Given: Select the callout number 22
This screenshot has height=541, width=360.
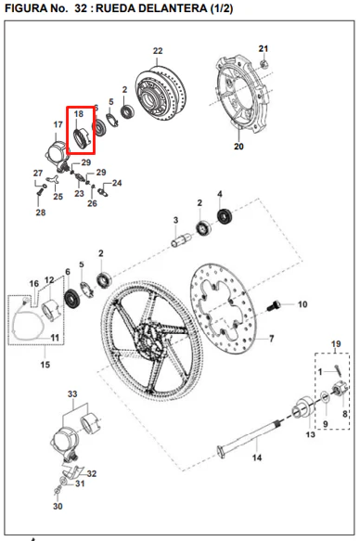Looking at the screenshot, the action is (158, 51).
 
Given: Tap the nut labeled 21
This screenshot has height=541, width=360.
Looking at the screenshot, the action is (264, 63).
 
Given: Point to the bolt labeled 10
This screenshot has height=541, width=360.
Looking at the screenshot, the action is (274, 305).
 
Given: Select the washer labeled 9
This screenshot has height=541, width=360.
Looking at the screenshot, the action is (325, 397).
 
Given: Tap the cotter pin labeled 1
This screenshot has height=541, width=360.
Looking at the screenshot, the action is (337, 370).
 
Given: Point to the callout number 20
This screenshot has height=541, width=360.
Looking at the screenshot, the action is (238, 147).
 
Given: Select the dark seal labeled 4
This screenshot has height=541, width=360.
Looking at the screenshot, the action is (225, 216).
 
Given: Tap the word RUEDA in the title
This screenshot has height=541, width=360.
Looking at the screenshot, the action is (111, 8).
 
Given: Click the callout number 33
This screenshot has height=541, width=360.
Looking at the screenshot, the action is (72, 393).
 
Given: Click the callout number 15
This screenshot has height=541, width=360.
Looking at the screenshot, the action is (45, 365).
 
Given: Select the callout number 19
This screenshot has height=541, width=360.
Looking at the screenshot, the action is (336, 344).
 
